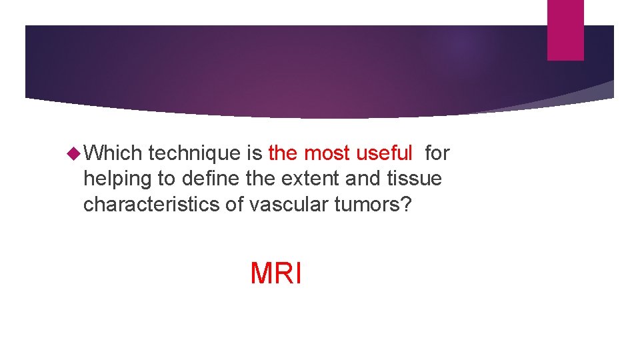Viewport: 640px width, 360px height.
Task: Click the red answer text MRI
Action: (276, 273)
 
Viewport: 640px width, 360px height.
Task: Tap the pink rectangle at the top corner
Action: (565, 29)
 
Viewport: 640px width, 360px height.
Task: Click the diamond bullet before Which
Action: (73, 153)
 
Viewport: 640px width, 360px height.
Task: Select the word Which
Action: (113, 153)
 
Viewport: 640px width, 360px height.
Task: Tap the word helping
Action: (117, 179)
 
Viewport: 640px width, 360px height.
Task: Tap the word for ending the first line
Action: (437, 153)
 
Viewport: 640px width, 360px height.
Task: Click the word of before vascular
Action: (234, 204)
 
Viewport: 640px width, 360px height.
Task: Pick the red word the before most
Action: (283, 153)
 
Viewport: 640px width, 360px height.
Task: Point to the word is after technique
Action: (255, 153)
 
